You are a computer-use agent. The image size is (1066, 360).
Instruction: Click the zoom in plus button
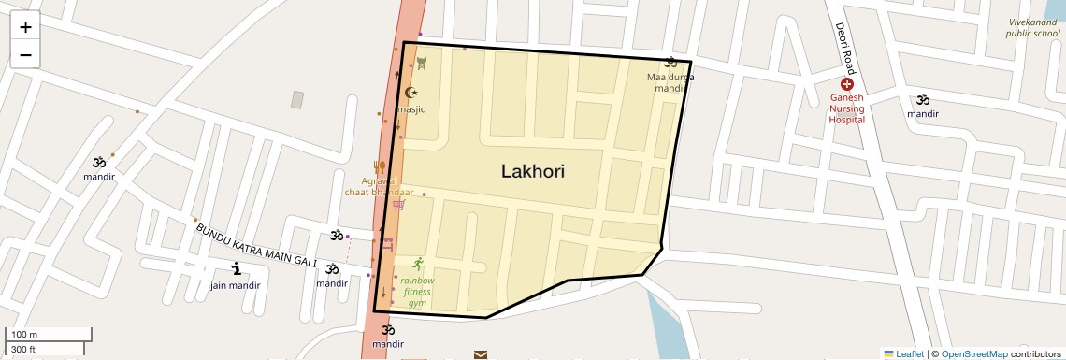(25, 27)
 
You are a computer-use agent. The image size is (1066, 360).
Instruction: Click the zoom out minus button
(25, 55)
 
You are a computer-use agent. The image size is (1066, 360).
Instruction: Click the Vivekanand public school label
(1032, 27)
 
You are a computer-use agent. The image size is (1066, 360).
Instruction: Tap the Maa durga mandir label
(670, 82)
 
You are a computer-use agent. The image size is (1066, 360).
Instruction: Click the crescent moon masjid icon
(411, 92)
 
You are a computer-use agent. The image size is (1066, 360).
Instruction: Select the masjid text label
(411, 109)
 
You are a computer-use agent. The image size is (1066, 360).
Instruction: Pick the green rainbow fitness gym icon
(417, 264)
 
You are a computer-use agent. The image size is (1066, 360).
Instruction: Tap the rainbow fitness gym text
(417, 291)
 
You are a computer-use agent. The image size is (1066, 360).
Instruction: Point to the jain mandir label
(235, 285)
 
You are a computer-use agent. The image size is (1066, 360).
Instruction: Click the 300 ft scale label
(24, 350)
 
